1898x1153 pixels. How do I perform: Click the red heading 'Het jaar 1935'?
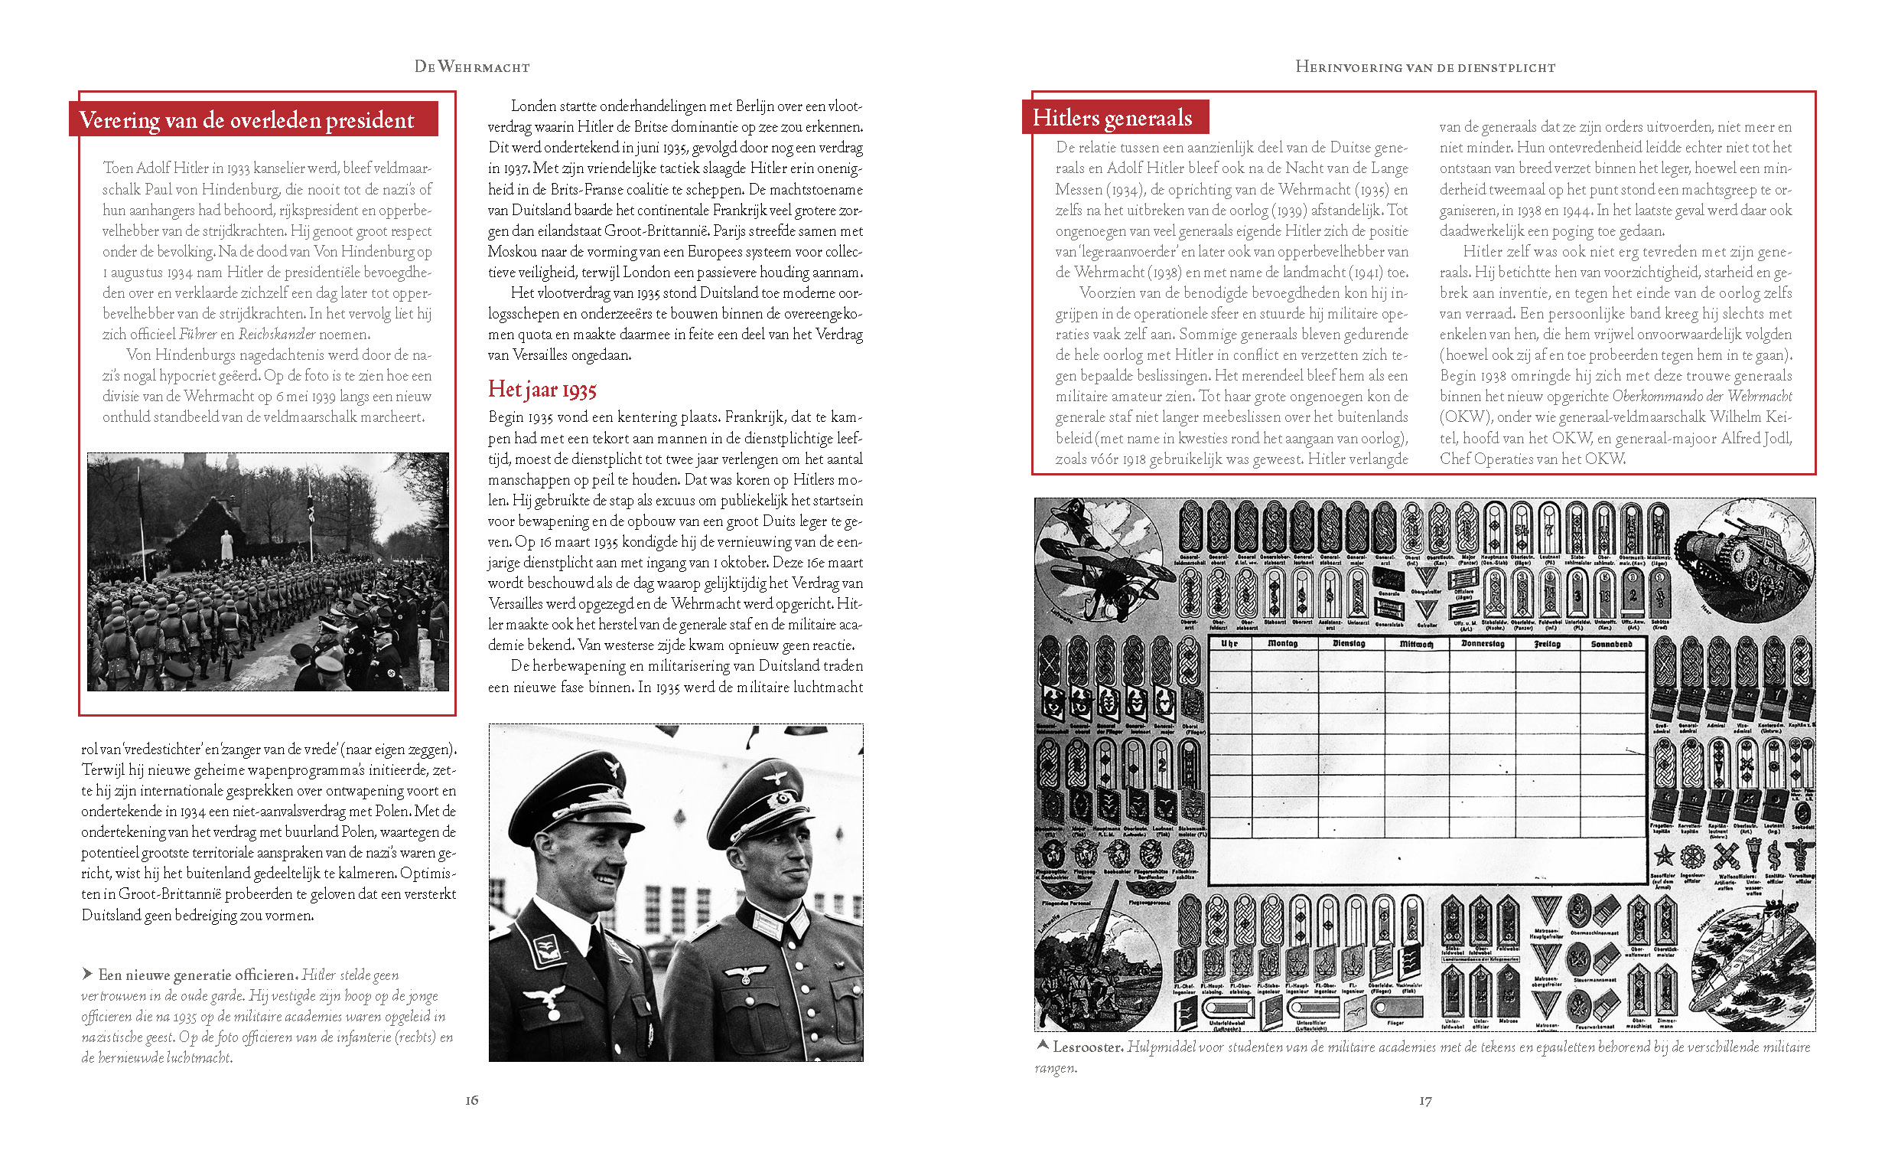(542, 390)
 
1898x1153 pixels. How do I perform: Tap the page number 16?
(471, 1101)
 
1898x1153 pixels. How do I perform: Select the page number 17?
(1425, 1102)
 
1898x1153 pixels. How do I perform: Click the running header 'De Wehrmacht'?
(471, 67)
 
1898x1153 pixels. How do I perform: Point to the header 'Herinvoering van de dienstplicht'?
(1425, 67)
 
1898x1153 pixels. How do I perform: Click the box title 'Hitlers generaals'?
(1112, 118)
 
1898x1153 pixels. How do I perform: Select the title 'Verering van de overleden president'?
(246, 120)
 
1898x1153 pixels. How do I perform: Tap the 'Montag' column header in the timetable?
(1282, 644)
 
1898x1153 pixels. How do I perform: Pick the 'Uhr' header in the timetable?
(1229, 644)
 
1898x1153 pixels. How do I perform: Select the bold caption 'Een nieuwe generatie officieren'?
(196, 975)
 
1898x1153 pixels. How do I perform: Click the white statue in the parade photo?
(226, 545)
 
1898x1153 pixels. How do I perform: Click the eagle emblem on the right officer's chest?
(746, 976)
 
